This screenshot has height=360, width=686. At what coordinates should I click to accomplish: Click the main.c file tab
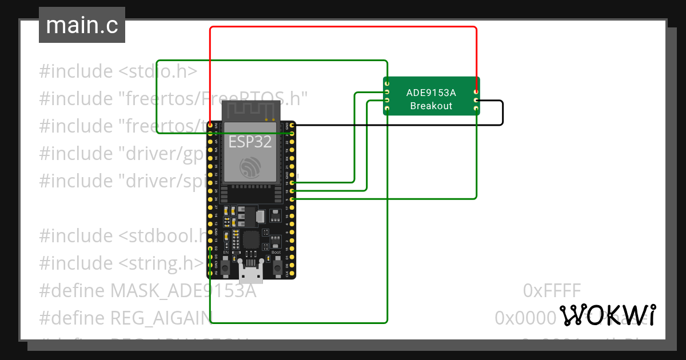82,26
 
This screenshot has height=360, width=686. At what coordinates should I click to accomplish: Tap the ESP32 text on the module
250,142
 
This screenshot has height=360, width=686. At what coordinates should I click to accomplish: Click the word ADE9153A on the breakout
431,93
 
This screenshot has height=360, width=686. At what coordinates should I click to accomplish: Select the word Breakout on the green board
431,106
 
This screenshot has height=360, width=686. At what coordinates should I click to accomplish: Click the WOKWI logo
607,315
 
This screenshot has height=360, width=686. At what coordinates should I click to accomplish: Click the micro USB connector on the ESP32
252,274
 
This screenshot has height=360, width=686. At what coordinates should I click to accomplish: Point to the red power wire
343,27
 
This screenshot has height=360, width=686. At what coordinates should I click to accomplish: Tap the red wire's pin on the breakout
476,91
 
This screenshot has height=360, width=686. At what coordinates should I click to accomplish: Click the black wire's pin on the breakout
476,101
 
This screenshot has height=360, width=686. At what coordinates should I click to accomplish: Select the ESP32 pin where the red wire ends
211,125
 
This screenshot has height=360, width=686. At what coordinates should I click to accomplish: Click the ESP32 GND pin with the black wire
292,125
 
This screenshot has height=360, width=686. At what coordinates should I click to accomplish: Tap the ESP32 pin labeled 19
292,182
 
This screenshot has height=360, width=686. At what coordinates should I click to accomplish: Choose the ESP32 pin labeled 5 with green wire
292,199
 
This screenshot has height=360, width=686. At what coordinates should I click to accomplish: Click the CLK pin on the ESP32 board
292,274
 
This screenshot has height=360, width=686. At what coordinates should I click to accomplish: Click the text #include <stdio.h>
118,71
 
